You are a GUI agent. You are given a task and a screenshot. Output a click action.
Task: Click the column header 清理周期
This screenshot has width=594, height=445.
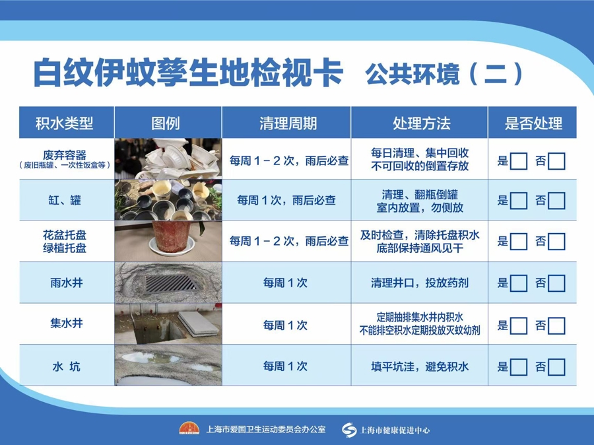[288, 123]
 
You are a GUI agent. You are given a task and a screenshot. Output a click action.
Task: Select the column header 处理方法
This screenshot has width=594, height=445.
[421, 123]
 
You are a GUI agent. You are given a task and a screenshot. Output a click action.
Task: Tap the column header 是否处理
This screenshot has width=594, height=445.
[533, 123]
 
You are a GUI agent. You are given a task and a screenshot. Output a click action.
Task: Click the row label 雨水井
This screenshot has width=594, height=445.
[66, 283]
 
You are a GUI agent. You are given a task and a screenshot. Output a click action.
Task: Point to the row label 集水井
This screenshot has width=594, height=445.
[66, 324]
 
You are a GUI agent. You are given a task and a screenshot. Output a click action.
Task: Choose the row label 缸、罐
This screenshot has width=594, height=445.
[65, 200]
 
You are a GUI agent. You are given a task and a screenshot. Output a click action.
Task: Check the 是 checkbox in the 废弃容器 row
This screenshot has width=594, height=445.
[518, 162]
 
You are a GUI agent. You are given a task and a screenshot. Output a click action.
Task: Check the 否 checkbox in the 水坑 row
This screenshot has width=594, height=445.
[556, 367]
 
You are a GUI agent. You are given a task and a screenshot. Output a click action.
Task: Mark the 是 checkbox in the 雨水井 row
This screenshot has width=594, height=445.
[518, 283]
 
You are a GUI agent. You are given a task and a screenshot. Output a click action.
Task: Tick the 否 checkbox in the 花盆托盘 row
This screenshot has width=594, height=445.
[556, 242]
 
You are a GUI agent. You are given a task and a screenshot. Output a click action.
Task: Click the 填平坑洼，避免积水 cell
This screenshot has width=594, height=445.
[420, 366]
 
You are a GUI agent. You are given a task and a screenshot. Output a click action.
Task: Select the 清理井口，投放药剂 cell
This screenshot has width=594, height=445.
[420, 283]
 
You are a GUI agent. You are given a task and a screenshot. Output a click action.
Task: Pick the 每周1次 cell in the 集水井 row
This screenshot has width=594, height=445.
[285, 325]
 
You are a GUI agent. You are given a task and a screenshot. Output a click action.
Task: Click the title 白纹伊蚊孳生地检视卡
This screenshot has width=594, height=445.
[188, 73]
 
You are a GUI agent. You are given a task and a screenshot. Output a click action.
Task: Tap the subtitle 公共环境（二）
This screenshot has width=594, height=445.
[445, 73]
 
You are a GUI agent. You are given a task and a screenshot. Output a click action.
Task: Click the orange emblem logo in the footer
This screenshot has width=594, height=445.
[189, 428]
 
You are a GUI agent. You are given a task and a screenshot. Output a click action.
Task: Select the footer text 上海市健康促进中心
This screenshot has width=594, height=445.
[395, 430]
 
